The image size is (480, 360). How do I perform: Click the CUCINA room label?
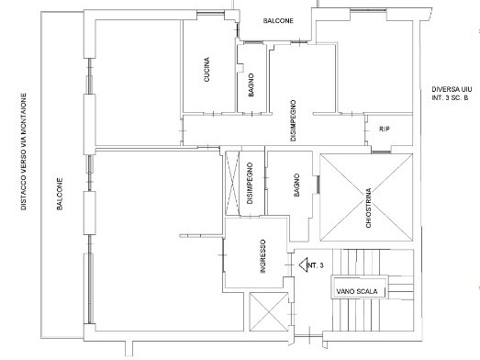(207, 70)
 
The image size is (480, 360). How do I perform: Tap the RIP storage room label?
(385, 129)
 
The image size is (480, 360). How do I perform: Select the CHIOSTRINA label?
(369, 208)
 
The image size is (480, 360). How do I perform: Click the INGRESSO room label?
(262, 256)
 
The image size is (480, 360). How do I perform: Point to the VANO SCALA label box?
(359, 287)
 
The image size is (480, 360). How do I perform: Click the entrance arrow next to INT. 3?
(303, 264)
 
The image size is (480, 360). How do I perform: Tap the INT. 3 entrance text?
(316, 265)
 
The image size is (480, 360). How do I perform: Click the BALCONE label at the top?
(278, 21)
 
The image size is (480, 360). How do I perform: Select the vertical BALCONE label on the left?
(60, 194)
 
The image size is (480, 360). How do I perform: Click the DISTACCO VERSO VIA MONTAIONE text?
(24, 152)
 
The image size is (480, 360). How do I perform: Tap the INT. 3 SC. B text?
(450, 98)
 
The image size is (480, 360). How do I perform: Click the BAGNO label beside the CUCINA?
(251, 84)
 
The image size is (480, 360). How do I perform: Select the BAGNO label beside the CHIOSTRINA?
(296, 186)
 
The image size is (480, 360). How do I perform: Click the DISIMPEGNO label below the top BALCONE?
(293, 120)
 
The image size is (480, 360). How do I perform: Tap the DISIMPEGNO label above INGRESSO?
(250, 184)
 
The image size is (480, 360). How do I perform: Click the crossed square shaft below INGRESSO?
(269, 311)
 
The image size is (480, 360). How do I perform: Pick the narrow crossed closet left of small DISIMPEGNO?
(232, 183)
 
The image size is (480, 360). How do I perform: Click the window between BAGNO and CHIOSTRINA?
(318, 185)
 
